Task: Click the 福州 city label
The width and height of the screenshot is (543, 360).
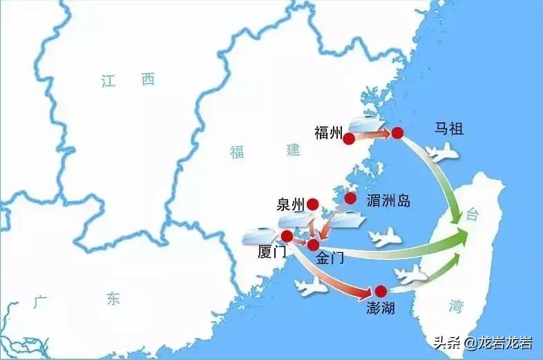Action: point(327,132)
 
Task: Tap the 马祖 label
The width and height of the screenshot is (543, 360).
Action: point(448,129)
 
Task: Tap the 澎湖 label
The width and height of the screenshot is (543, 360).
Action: point(381,307)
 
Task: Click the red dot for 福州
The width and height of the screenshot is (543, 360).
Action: point(349,139)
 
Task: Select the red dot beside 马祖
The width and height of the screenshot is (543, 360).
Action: point(397,133)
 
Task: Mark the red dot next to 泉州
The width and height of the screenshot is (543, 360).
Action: point(312,204)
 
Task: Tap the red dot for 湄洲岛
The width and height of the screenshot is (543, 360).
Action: point(351,198)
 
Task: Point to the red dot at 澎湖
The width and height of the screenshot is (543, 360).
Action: point(380,291)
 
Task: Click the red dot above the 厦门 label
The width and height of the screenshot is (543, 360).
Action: point(287,236)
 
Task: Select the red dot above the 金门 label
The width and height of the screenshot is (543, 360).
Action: point(314,244)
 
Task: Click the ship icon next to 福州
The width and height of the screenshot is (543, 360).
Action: point(367,125)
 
